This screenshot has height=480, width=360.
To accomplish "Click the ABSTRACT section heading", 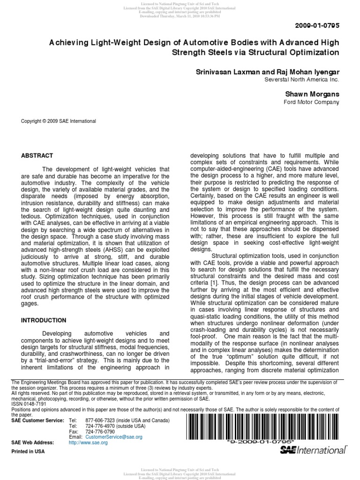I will click(37, 156).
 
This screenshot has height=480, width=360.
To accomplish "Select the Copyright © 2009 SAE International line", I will click(59, 121).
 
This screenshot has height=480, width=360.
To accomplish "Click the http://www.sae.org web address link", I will click(88, 442).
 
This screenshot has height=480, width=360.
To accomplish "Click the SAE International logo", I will click(313, 450).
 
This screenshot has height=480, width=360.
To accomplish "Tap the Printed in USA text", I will click(28, 451).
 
